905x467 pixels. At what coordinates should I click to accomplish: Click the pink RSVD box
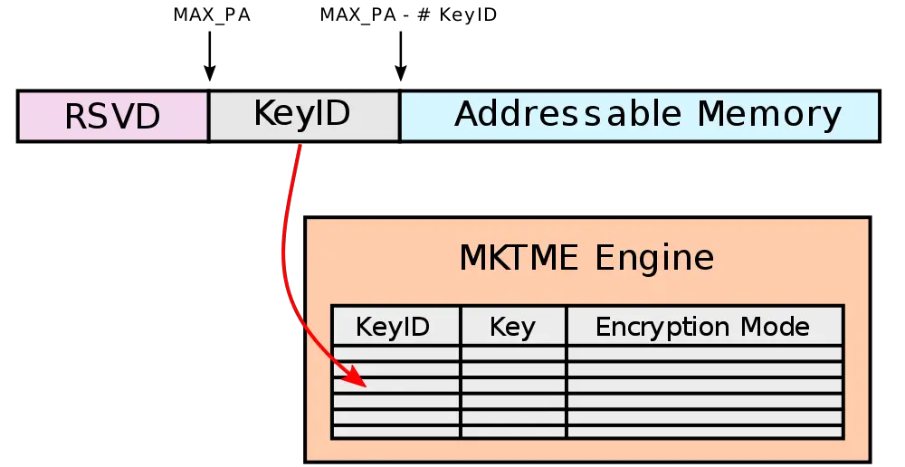tap(113, 115)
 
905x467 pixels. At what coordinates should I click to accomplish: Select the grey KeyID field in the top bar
tap(303, 115)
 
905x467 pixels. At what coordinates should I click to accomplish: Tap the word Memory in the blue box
tap(769, 114)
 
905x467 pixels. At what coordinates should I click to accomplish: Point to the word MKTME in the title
tap(519, 259)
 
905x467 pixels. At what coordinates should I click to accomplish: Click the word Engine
tap(655, 259)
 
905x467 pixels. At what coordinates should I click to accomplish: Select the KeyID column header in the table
tap(393, 327)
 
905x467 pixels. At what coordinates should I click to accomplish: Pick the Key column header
tap(512, 327)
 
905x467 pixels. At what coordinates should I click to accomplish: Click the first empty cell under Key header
tap(513, 354)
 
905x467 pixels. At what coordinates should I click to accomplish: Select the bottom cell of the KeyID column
tap(396, 432)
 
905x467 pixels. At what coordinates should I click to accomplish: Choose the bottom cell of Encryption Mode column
tap(705, 432)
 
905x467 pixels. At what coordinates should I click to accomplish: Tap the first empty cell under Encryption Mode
tap(705, 354)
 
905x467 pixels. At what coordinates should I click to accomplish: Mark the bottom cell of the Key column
tap(513, 432)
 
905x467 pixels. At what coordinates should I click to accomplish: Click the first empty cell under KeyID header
tap(396, 354)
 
